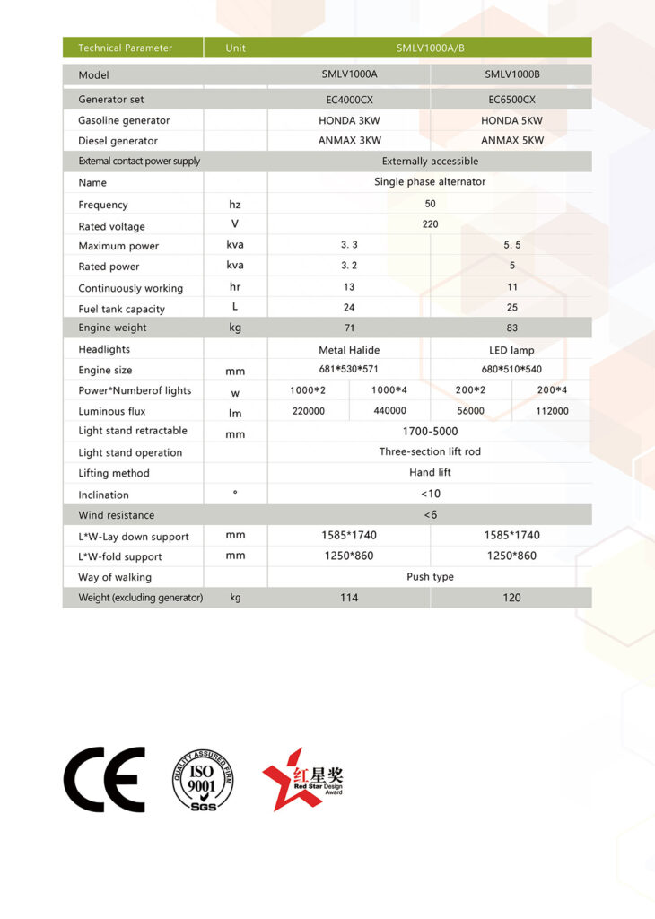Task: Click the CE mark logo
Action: (x=104, y=779)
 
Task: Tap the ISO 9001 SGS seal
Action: (x=202, y=780)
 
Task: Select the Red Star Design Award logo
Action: (x=302, y=779)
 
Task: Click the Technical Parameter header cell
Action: (x=125, y=48)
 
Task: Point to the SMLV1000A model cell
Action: (x=349, y=74)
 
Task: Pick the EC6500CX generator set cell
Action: (x=511, y=99)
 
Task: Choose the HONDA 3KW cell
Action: (x=349, y=120)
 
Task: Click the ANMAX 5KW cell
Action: (x=511, y=140)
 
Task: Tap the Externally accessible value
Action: (x=430, y=162)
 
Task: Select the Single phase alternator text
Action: (x=430, y=181)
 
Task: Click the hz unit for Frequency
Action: (x=235, y=205)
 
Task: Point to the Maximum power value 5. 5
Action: (x=511, y=245)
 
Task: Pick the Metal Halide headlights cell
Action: (x=349, y=349)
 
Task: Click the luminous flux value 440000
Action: (x=389, y=411)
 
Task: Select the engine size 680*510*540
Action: (x=511, y=369)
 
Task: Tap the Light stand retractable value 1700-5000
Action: (x=430, y=431)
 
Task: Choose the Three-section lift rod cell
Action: (x=430, y=451)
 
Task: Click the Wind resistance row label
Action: (x=116, y=515)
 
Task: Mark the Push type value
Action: (x=430, y=576)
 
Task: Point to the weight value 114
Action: (x=349, y=597)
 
